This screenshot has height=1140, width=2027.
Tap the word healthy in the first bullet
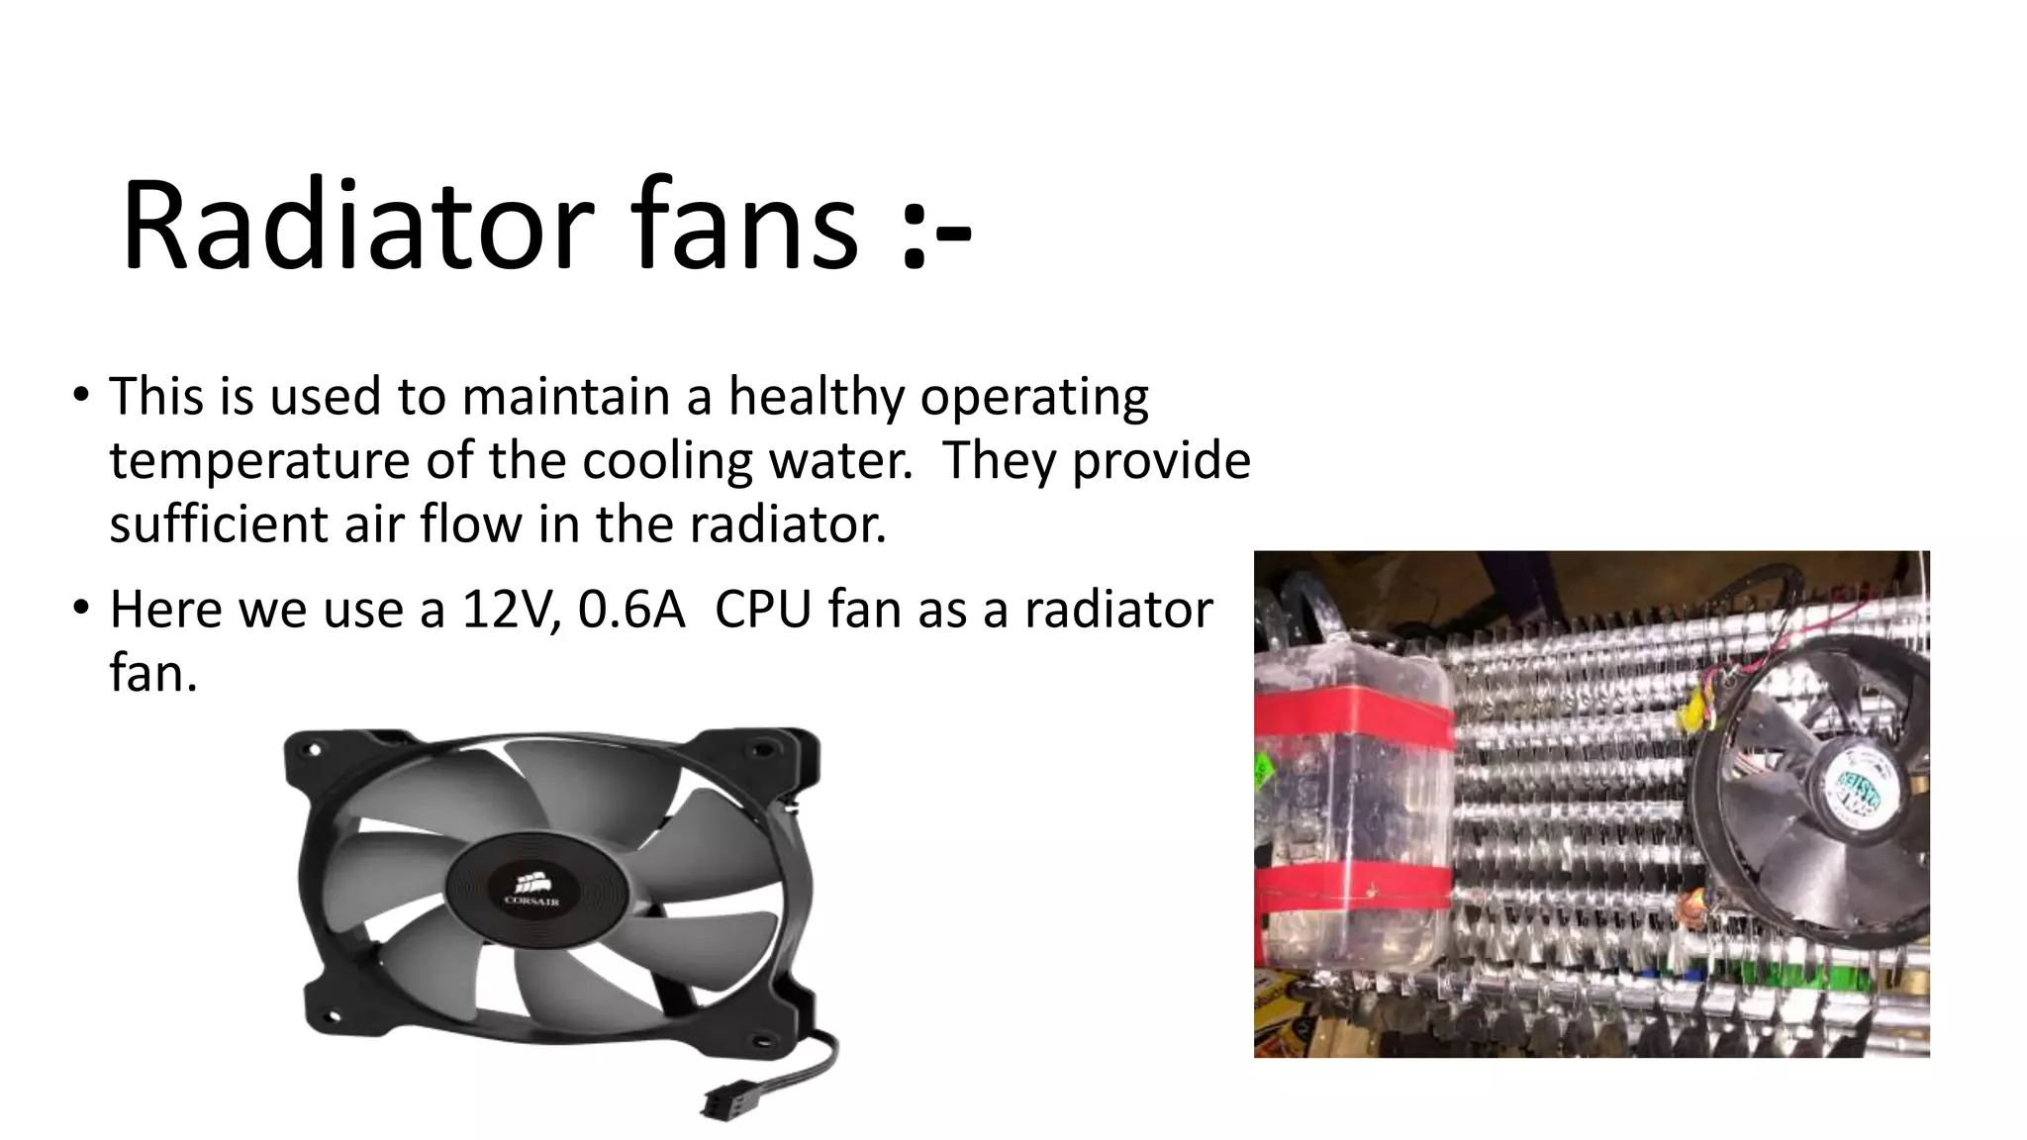[x=817, y=398]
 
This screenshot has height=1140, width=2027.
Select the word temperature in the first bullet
[x=259, y=461]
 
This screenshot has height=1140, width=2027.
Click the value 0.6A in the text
[x=631, y=610]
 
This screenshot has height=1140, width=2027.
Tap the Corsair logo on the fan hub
[x=532, y=886]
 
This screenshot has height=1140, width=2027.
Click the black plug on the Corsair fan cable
[x=722, y=1100]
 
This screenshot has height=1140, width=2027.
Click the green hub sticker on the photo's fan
[x=1858, y=797]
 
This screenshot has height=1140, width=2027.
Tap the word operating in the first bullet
[x=1034, y=398]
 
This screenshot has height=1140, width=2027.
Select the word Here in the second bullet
[x=165, y=610]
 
